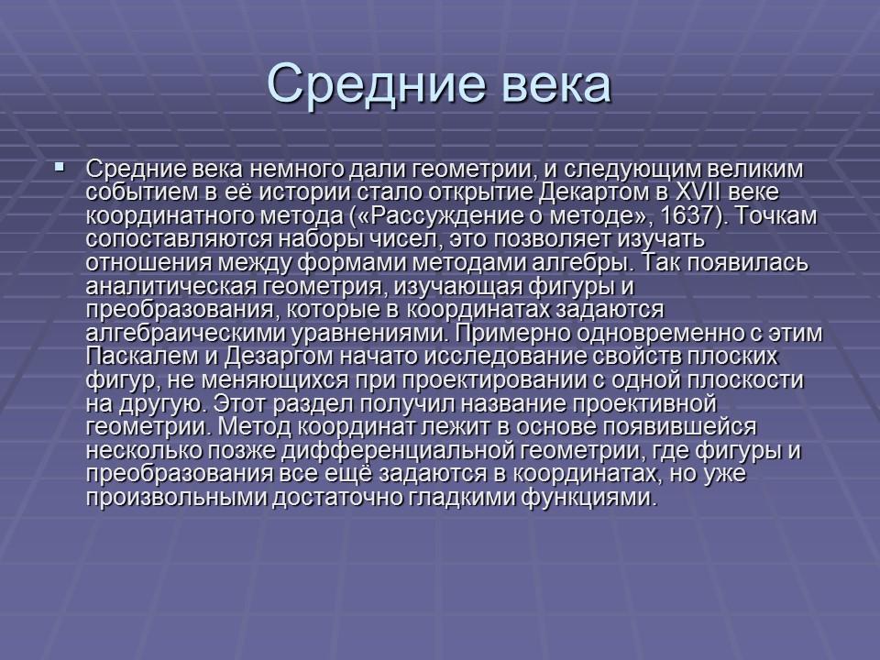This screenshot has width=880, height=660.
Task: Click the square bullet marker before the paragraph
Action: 60,168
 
